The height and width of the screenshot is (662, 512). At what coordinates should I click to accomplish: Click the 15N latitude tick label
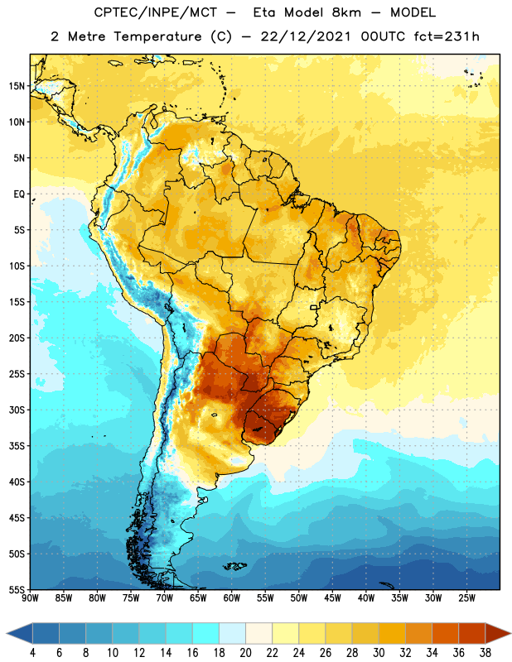click(x=17, y=86)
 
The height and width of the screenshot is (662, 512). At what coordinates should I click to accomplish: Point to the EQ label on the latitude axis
click(x=19, y=194)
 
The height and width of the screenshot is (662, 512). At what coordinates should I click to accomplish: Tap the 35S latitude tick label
click(x=17, y=446)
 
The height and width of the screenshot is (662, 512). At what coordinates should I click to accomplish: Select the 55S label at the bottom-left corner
click(x=17, y=590)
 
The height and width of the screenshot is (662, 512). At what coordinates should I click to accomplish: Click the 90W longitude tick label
click(x=30, y=598)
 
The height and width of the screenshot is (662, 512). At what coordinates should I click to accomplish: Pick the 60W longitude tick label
click(x=232, y=598)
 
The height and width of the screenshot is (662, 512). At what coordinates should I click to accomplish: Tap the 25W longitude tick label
click(x=466, y=598)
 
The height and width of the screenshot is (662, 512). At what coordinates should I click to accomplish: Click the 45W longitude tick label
click(x=332, y=598)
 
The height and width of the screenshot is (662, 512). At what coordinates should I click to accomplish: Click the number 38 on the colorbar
click(x=485, y=653)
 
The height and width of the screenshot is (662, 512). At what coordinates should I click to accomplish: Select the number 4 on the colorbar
click(x=32, y=653)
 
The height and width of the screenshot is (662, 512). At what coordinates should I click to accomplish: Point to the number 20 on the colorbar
click(x=245, y=653)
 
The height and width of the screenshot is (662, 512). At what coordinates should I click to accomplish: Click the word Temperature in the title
click(x=157, y=36)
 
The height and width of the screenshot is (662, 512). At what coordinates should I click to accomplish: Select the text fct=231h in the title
click(x=447, y=36)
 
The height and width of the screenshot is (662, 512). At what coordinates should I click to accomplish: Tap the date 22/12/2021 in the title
click(x=306, y=36)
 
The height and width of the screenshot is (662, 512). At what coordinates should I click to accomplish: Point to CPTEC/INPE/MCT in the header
click(x=156, y=12)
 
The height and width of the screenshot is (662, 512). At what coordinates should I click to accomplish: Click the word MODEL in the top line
click(x=413, y=12)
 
